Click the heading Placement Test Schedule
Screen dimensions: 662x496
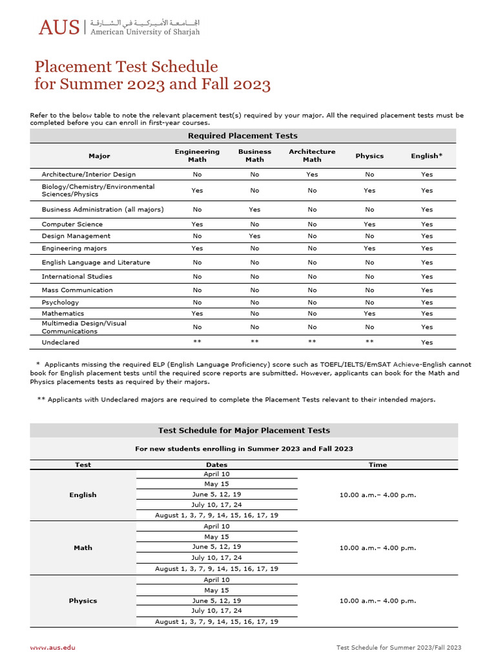[126, 67]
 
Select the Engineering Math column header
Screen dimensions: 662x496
[197, 156]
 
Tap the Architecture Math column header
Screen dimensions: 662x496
[312, 156]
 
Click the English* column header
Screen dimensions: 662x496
[427, 156]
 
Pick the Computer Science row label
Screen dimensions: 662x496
[72, 224]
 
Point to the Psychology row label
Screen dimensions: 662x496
[60, 302]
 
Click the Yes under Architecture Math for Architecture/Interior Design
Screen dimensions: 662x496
[312, 175]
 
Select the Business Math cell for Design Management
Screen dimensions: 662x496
[254, 236]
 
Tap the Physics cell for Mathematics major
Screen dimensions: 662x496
[369, 314]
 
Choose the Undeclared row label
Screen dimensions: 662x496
[61, 343]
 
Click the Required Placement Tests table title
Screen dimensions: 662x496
[243, 136]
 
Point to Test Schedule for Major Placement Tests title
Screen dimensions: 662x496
[244, 431]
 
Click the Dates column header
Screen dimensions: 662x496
[216, 465]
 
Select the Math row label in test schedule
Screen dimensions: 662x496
[83, 548]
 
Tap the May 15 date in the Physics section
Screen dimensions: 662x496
[216, 590]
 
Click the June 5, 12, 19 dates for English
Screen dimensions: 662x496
[216, 494]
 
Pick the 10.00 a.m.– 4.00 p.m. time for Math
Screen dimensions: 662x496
[378, 548]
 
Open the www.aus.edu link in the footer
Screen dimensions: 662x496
[52, 647]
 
